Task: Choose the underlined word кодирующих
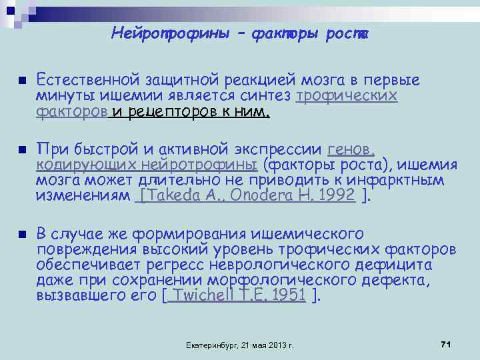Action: click(72, 165)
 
